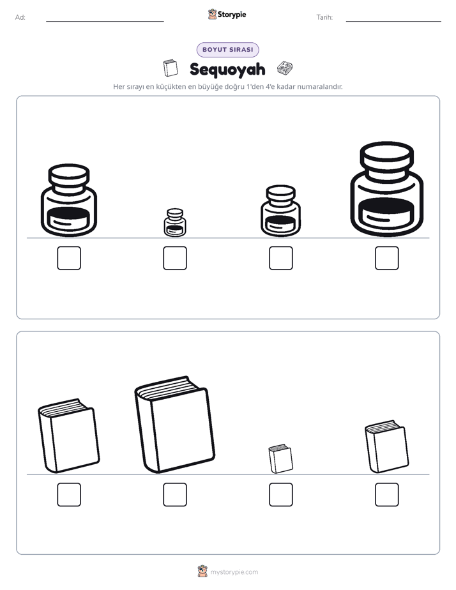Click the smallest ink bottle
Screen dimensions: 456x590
tap(175, 222)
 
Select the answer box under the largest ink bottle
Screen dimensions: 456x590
tap(387, 258)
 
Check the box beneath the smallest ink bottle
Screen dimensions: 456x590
tap(175, 258)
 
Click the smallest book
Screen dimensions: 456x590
tap(280, 458)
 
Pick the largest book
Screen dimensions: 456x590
tap(175, 425)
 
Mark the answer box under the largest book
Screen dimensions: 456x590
tap(175, 494)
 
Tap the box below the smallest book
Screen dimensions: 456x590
tap(281, 494)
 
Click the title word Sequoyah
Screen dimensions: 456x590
tap(227, 70)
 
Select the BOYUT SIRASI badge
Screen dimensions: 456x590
tap(227, 50)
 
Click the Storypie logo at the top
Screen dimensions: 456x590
tap(227, 14)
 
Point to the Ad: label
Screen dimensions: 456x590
tap(20, 17)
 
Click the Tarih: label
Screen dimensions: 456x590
tap(324, 17)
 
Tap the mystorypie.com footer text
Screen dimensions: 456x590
tap(234, 572)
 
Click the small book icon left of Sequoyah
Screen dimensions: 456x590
tap(171, 68)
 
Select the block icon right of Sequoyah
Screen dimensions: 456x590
tap(285, 68)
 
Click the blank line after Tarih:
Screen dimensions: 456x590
tap(393, 21)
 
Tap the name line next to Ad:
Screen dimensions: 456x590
tap(105, 21)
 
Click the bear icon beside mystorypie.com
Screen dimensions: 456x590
tap(202, 571)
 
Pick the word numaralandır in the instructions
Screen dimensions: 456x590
tap(320, 87)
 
